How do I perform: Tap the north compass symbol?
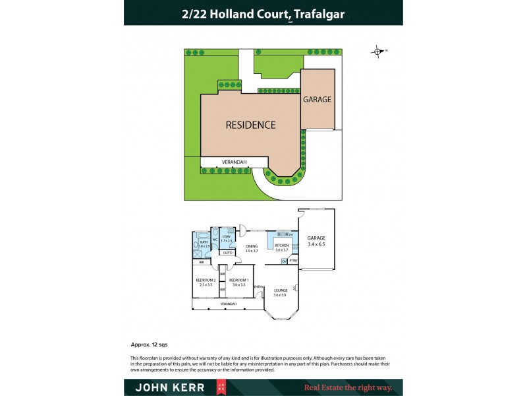coord(377,51)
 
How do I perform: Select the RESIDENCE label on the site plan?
coord(250,125)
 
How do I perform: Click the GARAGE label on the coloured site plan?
coord(317,100)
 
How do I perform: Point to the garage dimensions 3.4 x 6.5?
coord(316,244)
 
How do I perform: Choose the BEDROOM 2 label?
coord(204,281)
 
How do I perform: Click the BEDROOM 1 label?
coord(237,281)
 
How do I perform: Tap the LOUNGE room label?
coord(281,291)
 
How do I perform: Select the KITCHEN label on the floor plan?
coord(282,246)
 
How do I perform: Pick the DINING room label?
coord(251,247)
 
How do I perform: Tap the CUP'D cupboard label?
coord(227,253)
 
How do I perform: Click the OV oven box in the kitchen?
coord(285,261)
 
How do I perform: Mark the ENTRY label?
coord(259,286)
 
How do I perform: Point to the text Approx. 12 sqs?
coord(149,345)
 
